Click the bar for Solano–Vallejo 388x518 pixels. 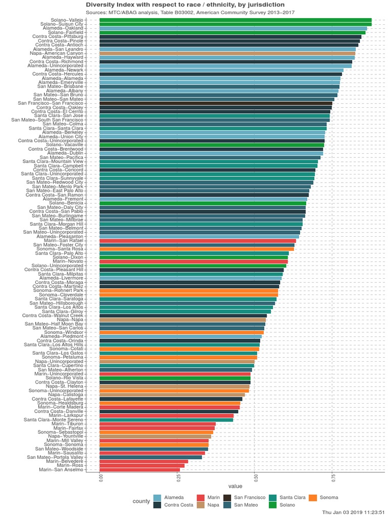(235, 20)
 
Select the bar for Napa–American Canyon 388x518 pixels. (227, 53)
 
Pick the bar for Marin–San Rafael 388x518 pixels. (198, 240)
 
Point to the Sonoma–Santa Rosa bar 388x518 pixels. (197, 249)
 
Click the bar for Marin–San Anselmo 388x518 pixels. (139, 469)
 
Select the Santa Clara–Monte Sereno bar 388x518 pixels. (166, 419)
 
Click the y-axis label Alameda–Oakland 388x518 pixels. (63, 28)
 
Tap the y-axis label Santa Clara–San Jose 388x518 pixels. (59, 115)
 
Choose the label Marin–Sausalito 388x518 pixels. (65, 453)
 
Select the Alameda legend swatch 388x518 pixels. (157, 498)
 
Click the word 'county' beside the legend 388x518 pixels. (141, 501)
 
